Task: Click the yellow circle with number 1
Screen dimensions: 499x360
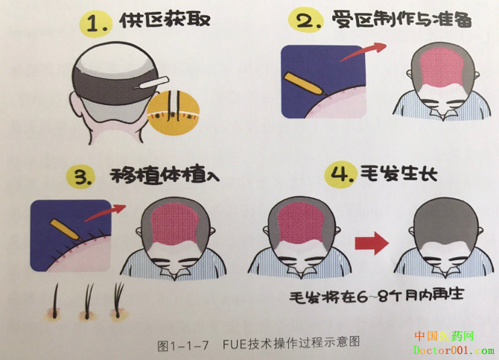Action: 95,23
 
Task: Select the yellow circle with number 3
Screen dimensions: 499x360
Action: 81,176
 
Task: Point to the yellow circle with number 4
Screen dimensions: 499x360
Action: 340,174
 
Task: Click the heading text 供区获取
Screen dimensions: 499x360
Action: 165,20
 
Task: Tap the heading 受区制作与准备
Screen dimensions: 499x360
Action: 401,19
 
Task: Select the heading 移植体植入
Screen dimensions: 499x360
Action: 165,175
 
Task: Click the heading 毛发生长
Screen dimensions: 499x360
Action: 398,174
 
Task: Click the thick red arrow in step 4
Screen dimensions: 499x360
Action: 372,244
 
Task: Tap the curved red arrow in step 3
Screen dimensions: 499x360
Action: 106,212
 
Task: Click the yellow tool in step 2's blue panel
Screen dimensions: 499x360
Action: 305,83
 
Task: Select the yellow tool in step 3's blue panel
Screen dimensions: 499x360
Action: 66,230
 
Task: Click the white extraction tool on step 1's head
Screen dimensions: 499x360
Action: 151,82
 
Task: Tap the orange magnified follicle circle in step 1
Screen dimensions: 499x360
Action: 174,113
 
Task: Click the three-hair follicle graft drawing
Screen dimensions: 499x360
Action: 118,300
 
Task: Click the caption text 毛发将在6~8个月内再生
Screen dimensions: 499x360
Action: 376,295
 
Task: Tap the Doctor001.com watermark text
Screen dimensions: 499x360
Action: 454,350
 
